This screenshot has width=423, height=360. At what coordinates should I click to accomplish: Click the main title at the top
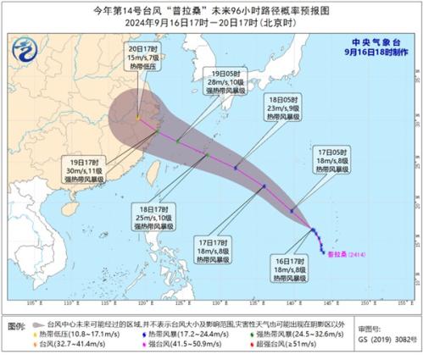coord(211,8)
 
